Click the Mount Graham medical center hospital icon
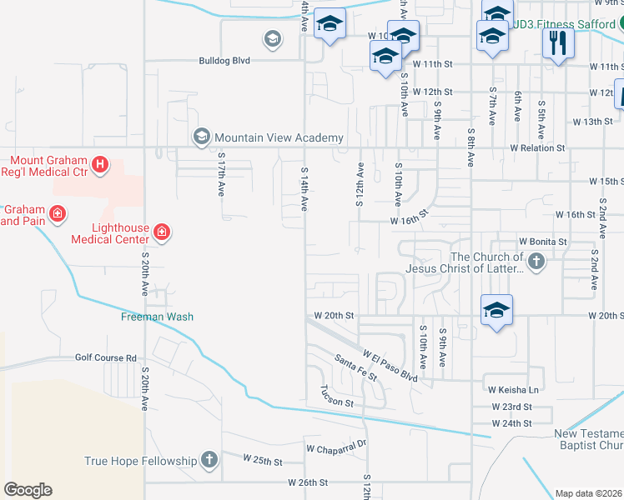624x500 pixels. [x=99, y=165]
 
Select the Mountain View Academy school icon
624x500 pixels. [x=201, y=137]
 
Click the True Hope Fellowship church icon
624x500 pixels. [x=209, y=460]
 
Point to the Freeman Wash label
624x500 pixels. [x=157, y=317]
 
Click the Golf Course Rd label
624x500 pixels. [x=105, y=358]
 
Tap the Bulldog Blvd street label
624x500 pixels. [x=224, y=61]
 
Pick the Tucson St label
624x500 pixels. [x=338, y=397]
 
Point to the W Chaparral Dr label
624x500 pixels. [x=337, y=446]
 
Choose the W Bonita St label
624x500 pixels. [x=542, y=241]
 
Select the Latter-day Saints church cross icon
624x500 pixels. [x=536, y=262]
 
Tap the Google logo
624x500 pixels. [x=28, y=490]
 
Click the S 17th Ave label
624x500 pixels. [x=222, y=173]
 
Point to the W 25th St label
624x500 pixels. [x=264, y=459]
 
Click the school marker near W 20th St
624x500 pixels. [x=496, y=311]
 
